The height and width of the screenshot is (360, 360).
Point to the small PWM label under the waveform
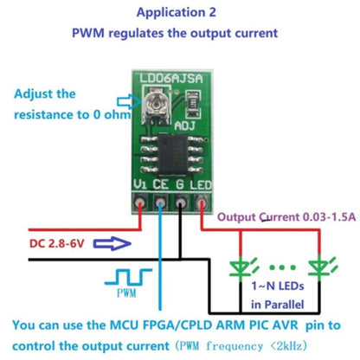(x=125, y=296)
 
